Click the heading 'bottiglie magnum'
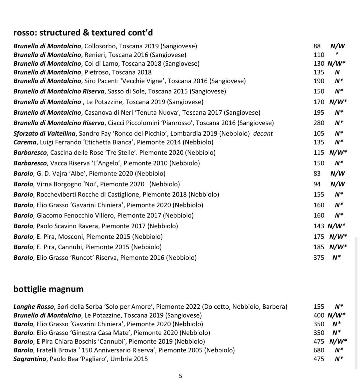point(48,289)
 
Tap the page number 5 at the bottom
point(181,376)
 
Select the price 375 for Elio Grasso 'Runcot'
point(319,257)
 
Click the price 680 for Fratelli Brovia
point(319,350)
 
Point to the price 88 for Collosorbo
point(317,46)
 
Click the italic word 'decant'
point(263,134)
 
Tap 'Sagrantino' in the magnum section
point(30,359)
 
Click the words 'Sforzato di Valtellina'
point(45,134)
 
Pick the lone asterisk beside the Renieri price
point(337,54)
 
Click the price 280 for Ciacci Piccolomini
point(319,123)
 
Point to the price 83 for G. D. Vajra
point(317,173)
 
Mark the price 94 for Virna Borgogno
point(317,184)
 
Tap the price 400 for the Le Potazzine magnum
point(319,315)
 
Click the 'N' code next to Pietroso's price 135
point(337,72)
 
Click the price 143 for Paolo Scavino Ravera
point(319,226)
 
